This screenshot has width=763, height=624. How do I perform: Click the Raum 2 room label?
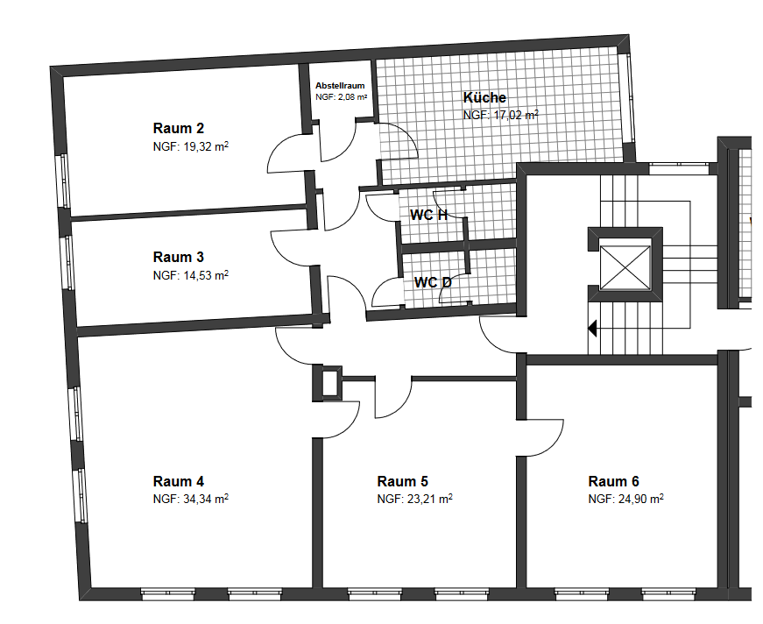178,129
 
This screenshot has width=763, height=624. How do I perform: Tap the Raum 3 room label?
178,257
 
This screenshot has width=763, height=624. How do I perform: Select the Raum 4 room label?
178,481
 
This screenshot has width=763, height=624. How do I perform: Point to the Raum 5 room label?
402,481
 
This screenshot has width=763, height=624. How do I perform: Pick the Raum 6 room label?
613,481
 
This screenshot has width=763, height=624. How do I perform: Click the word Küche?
484,97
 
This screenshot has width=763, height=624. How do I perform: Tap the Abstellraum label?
340,86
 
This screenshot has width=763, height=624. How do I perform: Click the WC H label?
428,215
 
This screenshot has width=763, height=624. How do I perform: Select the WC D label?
433,282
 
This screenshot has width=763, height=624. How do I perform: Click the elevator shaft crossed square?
625,267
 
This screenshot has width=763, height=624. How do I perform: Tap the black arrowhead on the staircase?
592,329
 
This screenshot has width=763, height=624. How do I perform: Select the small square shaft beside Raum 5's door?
329,383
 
